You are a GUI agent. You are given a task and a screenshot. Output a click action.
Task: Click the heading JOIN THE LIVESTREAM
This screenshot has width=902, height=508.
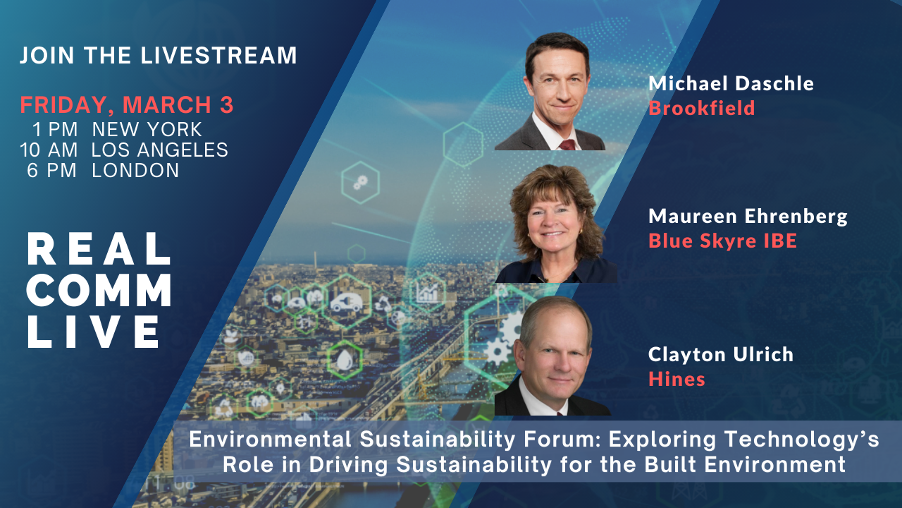[159, 55]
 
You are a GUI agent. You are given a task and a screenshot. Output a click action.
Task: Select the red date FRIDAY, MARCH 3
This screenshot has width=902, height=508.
[127, 105]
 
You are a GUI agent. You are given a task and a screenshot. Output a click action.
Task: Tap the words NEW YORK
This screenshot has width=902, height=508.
[147, 129]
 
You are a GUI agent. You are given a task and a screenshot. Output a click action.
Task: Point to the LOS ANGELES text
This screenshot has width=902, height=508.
[159, 150]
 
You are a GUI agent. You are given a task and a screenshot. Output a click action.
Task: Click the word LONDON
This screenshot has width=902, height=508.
[135, 171]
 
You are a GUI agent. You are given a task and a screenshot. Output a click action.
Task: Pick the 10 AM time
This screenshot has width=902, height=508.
[49, 150]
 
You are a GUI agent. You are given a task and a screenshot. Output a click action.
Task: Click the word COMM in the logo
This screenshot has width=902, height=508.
[99, 290]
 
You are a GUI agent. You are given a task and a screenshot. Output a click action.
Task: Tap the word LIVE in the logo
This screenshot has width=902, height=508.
[94, 332]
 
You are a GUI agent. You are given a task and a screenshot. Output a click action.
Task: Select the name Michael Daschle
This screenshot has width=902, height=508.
[731, 83]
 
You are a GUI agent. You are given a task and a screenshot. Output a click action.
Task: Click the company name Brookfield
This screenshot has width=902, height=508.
[702, 108]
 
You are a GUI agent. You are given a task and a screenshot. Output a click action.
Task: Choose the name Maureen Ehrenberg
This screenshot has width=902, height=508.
[748, 217]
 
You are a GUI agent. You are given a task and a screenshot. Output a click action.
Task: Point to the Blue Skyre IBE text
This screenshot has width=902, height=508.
[723, 241]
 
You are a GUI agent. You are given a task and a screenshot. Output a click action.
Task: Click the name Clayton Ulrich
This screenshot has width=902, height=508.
[721, 354]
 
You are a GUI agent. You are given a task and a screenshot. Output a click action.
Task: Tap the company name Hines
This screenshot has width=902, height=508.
[677, 379]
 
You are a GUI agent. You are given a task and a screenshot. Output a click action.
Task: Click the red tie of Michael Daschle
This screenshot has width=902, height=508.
[567, 145]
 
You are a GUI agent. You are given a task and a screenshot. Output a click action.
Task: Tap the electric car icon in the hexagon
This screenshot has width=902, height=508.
[346, 303]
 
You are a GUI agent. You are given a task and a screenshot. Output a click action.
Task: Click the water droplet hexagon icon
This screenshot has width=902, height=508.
[344, 360]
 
